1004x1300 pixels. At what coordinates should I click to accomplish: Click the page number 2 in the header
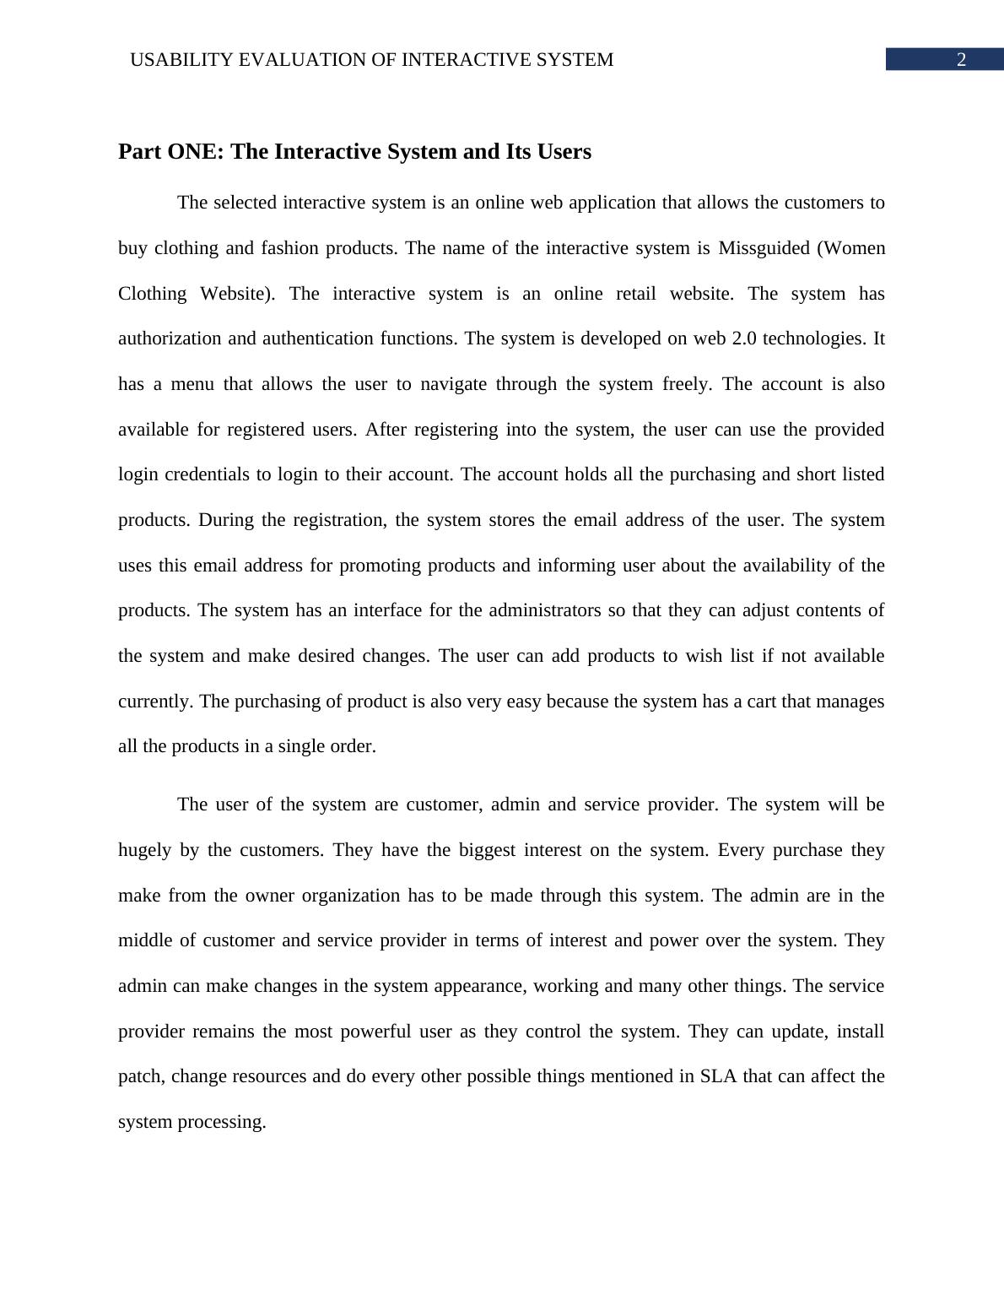(x=960, y=60)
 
